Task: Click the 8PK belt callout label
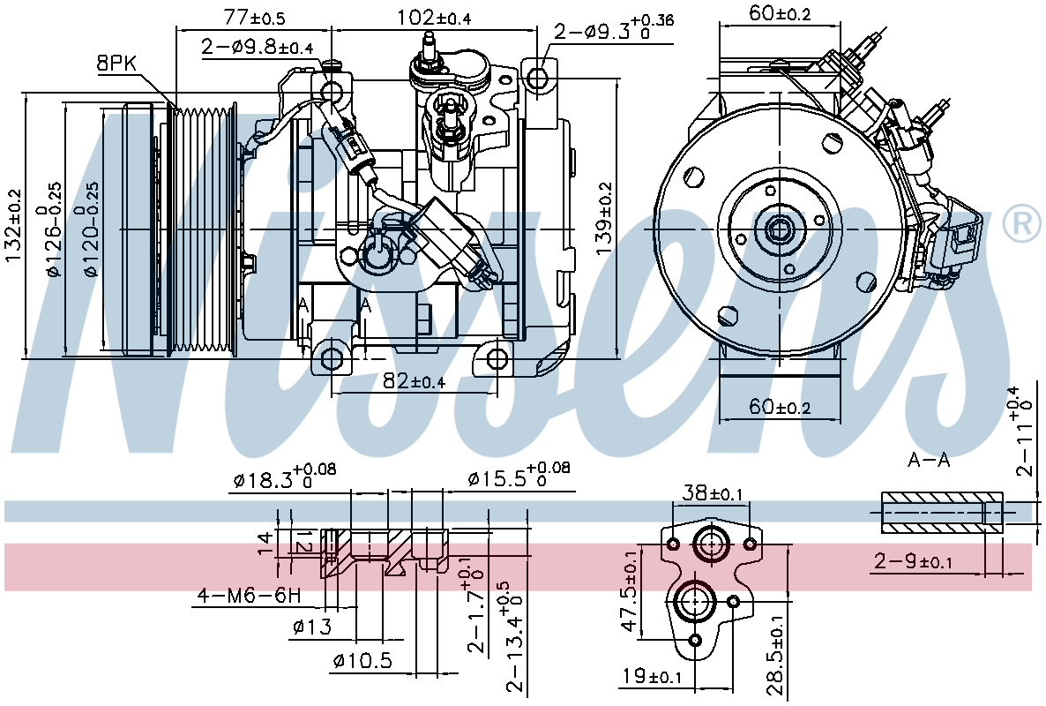point(116,64)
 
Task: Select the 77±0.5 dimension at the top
point(255,17)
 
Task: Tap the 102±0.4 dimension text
point(434,17)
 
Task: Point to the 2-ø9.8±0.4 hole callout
point(257,47)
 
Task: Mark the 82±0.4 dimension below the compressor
point(415,381)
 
